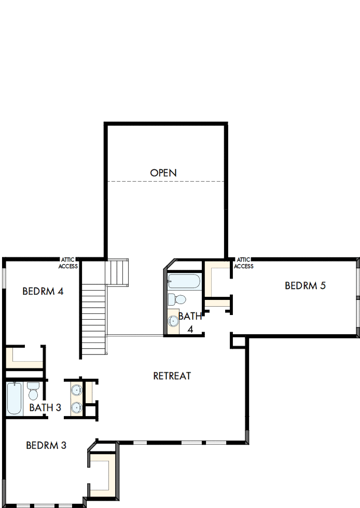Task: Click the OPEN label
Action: coord(163,173)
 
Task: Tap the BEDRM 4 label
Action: coord(43,291)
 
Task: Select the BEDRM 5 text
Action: coord(305,285)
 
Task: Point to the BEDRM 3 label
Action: coord(46,445)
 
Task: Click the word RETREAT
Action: coord(172,376)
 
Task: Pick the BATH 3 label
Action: coord(45,408)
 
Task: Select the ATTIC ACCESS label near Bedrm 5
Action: coord(243,263)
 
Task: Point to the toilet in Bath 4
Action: coord(177,299)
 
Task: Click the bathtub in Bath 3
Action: coord(14,399)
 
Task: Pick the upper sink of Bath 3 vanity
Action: coord(76,390)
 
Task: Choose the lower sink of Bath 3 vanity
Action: coord(76,407)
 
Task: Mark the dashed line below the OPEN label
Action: coord(165,181)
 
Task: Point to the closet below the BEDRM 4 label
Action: coord(23,358)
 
